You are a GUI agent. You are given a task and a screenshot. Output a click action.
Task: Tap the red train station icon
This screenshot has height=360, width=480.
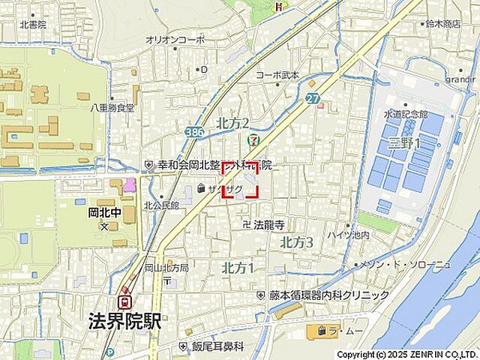coord(127,301)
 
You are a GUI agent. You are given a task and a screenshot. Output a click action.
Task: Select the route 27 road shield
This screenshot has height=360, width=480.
coord(312,98)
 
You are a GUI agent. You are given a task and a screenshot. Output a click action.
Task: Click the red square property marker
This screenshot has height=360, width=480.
coord(241,180)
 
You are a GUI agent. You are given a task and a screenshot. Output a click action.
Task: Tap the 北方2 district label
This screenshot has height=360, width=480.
coord(232,123)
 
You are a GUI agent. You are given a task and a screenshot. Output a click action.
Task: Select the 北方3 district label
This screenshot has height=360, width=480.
coord(296,242)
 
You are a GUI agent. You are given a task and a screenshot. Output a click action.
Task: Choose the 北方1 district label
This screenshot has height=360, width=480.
coord(238,268)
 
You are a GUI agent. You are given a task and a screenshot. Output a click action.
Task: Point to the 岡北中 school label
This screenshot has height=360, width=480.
coord(100,211)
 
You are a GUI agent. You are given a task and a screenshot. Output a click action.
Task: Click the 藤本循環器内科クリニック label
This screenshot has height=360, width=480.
coord(329,295)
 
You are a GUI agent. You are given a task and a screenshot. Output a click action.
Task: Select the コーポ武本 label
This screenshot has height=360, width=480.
coord(277,75)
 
